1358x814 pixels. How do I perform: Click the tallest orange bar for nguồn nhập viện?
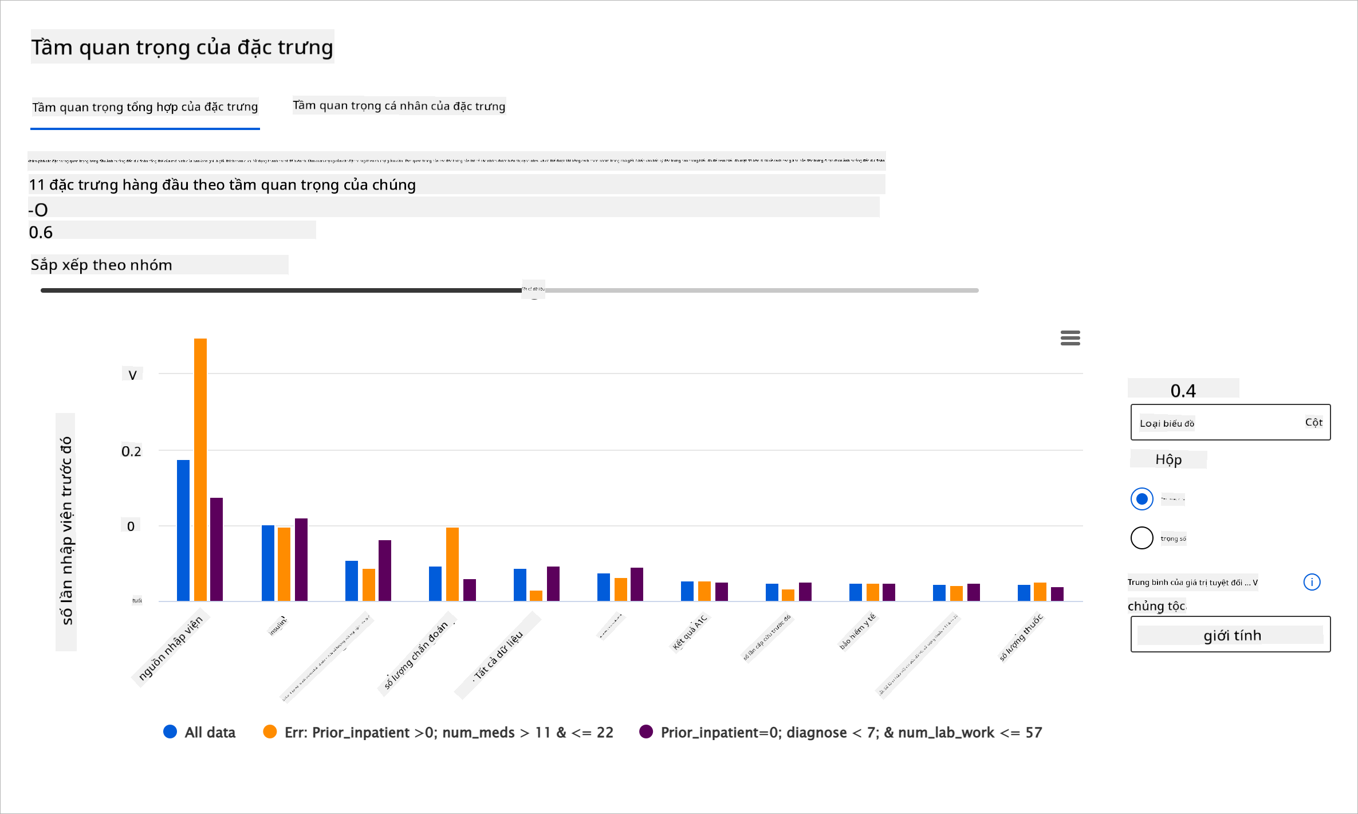click(200, 470)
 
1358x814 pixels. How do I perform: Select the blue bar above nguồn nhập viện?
click(183, 530)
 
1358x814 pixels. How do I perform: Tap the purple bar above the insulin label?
click(301, 560)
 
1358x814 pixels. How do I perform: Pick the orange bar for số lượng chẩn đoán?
click(452, 564)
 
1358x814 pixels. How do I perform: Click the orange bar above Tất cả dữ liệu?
click(536, 595)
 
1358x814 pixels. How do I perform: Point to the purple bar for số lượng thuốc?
click(1057, 594)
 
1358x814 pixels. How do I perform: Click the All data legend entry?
click(199, 732)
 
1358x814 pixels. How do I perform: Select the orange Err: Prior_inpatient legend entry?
click(438, 732)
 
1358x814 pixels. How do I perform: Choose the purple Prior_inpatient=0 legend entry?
click(840, 732)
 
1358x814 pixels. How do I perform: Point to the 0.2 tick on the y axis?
click(131, 451)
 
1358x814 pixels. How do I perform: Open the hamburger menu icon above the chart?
click(1070, 338)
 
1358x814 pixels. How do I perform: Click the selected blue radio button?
click(1141, 499)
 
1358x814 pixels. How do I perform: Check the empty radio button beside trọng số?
click(1141, 538)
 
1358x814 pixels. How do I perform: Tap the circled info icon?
click(1312, 582)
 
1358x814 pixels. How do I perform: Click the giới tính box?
click(1230, 634)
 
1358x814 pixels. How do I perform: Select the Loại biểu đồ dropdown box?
click(1230, 422)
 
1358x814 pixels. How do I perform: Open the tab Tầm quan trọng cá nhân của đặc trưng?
click(399, 106)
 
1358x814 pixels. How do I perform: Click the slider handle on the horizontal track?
click(533, 290)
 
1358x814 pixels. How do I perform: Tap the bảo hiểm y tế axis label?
click(857, 631)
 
